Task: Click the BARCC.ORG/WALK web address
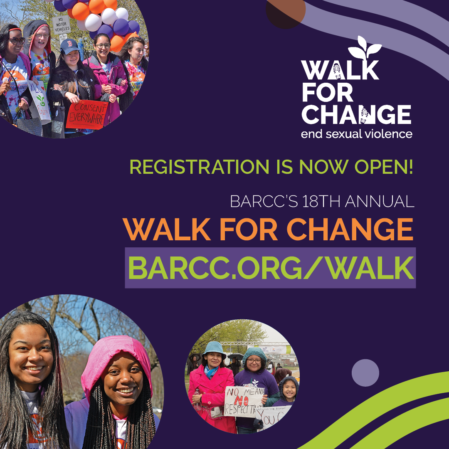pyautogui.click(x=270, y=268)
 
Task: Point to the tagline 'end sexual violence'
pyautogui.click(x=357, y=134)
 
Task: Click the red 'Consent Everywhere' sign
pyautogui.click(x=86, y=114)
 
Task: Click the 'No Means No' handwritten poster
pyautogui.click(x=243, y=401)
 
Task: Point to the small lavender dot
pyautogui.click(x=365, y=373)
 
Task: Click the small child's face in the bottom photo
pyautogui.click(x=289, y=390)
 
